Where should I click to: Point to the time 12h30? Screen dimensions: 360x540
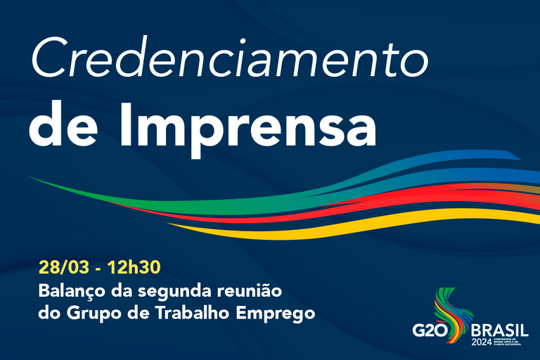click(137, 267)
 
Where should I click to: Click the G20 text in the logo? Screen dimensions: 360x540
click(430, 330)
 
